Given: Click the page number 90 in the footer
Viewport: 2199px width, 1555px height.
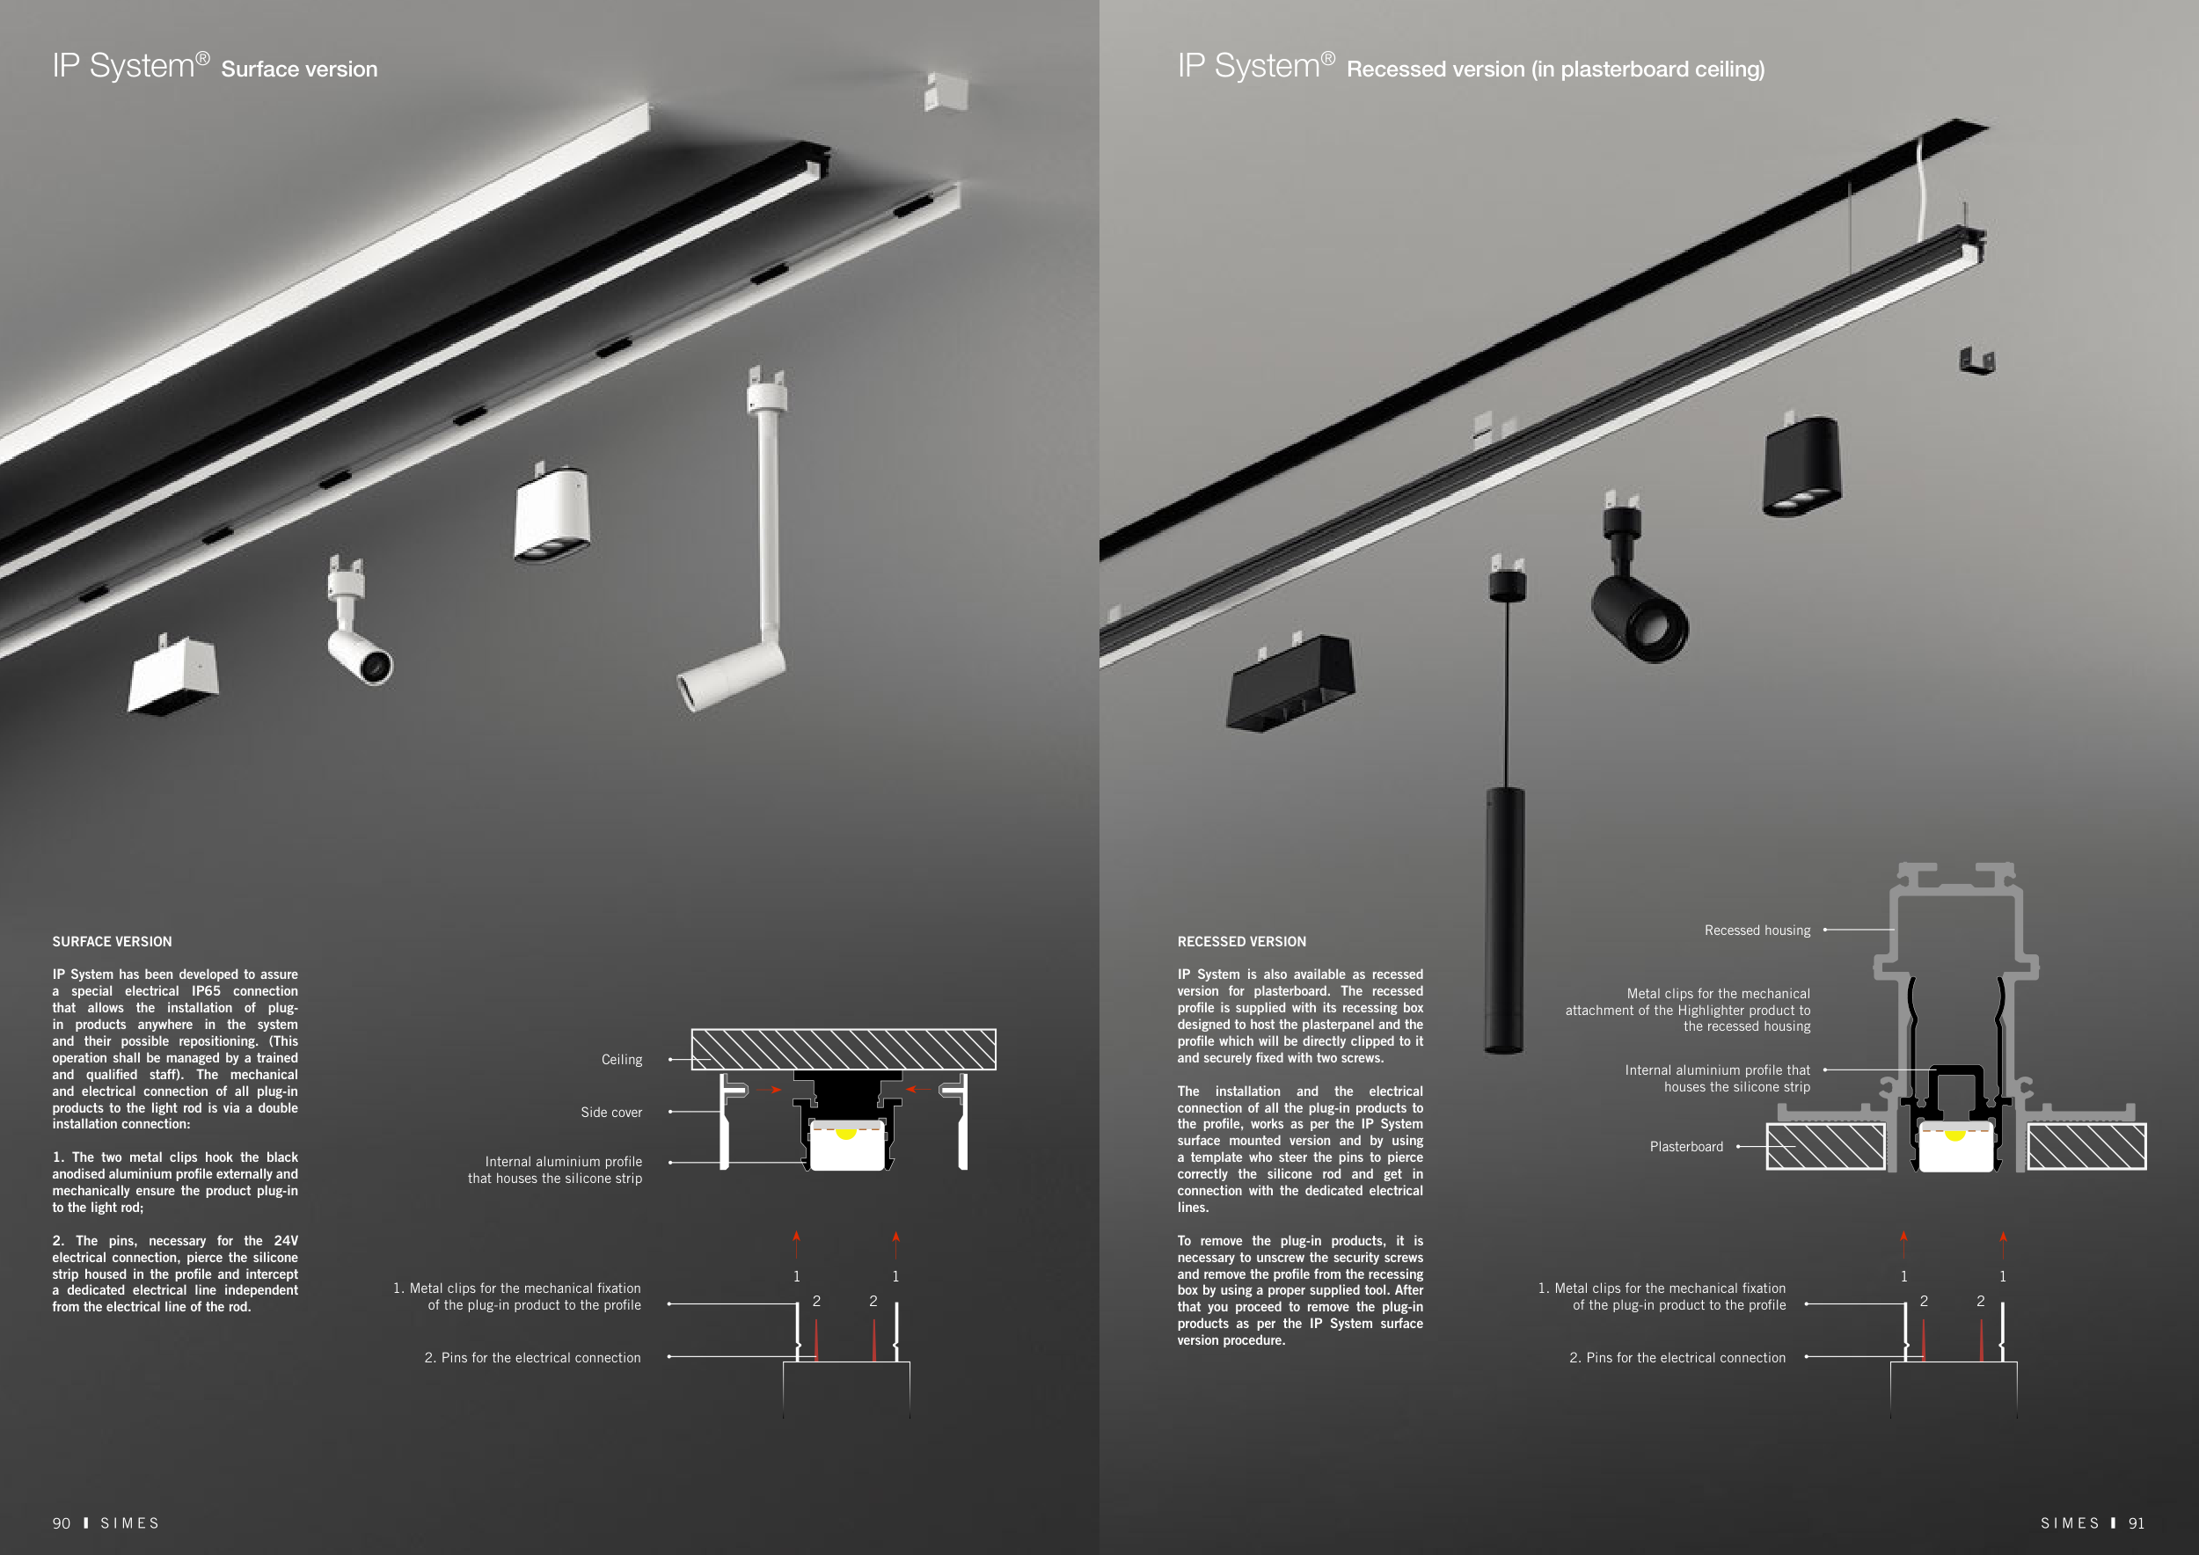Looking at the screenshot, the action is (62, 1523).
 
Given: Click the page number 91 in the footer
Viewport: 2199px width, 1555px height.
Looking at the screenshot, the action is (2137, 1523).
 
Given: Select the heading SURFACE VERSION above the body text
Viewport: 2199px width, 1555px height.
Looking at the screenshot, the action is (112, 941).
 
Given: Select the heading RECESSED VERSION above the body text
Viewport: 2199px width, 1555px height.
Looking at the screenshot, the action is (1241, 941).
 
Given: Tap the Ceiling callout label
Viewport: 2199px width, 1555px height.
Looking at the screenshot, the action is (622, 1059).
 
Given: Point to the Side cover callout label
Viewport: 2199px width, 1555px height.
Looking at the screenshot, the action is (611, 1112).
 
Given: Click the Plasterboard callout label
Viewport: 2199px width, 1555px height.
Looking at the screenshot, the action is (1685, 1146).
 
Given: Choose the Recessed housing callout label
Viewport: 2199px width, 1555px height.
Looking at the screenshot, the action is (1757, 930).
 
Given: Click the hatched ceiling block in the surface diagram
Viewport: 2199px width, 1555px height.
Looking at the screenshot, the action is (843, 1049).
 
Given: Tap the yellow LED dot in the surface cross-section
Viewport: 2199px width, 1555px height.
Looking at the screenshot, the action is (845, 1134).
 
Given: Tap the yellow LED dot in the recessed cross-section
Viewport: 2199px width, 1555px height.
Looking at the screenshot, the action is (1954, 1135).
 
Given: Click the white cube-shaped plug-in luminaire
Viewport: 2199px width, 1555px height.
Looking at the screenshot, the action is (174, 676).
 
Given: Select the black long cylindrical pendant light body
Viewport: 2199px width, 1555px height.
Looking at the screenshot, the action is (1505, 920).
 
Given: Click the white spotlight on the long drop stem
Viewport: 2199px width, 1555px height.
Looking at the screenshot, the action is (732, 676).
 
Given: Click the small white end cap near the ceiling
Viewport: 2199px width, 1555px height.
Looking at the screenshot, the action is (946, 93).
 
